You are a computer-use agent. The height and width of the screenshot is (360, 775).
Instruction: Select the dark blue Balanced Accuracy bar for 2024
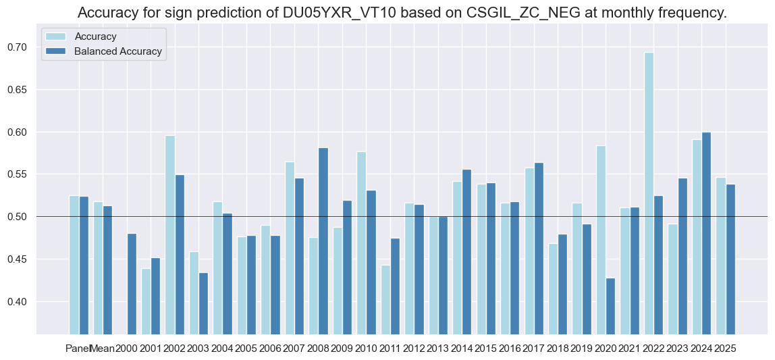coord(706,232)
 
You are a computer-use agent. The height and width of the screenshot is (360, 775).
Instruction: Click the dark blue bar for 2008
coord(323,240)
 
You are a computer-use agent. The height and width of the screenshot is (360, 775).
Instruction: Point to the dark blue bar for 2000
coord(132,284)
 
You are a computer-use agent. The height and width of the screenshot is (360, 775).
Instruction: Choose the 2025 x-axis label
coord(726,349)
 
